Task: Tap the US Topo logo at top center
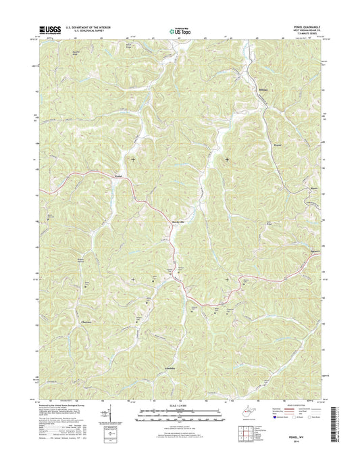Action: point(179,30)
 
